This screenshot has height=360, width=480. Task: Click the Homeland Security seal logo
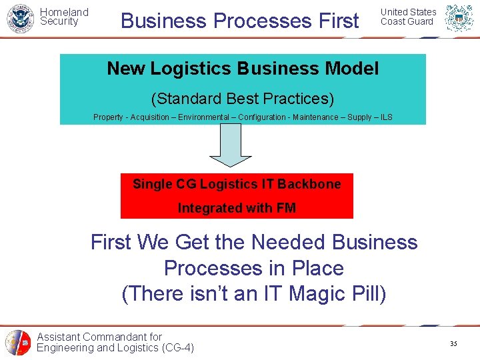[x=19, y=19]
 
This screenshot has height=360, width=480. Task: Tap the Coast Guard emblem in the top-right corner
[x=459, y=19]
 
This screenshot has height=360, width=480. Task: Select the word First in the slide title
[x=339, y=21]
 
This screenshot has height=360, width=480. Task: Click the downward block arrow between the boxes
[x=231, y=147]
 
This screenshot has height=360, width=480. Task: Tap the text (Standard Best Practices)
[x=243, y=99]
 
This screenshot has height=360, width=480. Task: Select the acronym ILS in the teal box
[x=385, y=117]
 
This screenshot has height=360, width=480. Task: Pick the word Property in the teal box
[x=108, y=117]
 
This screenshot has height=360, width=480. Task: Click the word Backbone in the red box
[x=309, y=184]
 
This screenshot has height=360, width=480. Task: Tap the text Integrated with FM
[x=237, y=208]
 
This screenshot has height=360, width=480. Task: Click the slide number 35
[x=453, y=344]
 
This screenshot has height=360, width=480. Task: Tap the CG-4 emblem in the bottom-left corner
[x=18, y=343]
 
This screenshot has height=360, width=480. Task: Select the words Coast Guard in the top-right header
[x=407, y=21]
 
